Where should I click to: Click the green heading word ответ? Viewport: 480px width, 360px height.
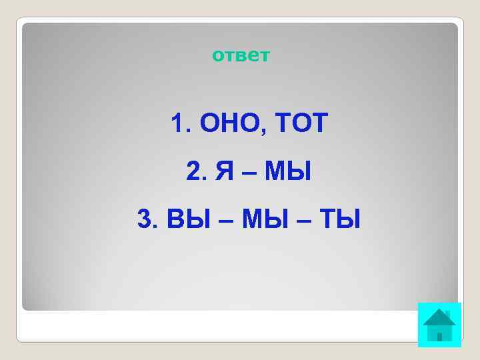tap(241, 55)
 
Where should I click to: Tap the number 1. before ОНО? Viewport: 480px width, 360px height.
tap(178, 123)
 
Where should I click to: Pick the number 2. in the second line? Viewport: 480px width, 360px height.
tap(197, 172)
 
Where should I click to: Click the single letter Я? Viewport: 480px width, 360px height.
tap(224, 172)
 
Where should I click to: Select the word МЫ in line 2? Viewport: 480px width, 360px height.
tap(288, 172)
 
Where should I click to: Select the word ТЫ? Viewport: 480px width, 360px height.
tap(337, 218)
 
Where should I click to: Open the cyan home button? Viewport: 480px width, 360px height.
tap(439, 325)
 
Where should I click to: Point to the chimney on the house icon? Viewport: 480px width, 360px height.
tap(448, 313)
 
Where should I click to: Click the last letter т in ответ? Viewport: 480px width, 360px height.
tap(265, 55)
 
